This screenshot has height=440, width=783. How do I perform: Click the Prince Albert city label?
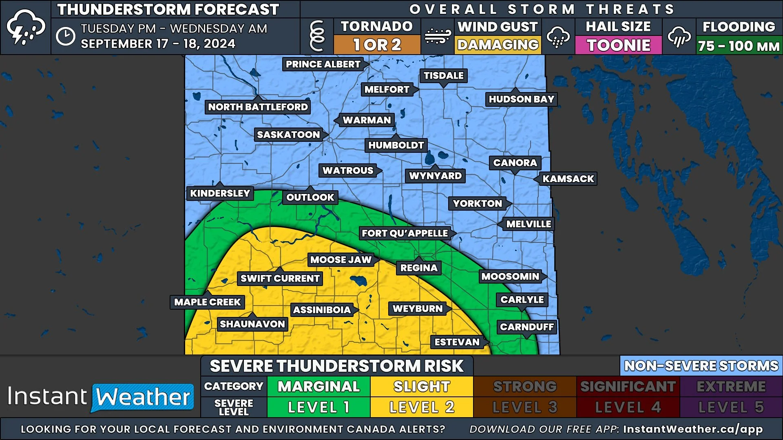pos(323,64)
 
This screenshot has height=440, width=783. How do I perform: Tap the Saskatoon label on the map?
pos(288,135)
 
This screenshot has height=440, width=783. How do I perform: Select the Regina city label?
pos(418,268)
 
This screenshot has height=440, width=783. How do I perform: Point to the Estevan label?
pos(457,342)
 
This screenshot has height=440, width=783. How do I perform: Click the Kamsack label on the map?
pos(568,179)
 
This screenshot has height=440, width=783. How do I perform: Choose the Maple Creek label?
pos(207,302)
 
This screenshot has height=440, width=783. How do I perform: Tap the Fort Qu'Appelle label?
pos(405,233)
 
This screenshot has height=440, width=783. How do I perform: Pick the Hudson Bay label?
pos(521,99)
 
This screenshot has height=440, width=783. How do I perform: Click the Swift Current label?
pos(280,279)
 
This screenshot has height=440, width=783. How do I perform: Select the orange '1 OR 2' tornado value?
pos(377,45)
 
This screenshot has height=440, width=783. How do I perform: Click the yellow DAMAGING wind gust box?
pos(498,45)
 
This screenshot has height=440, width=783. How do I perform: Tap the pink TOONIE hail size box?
pos(618,45)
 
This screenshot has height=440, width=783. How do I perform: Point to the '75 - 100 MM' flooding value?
pos(739,46)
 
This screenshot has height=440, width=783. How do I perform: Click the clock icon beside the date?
pos(66,37)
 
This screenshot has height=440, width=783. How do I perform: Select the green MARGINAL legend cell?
pos(319,387)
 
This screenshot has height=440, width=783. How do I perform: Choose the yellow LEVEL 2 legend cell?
pos(422,407)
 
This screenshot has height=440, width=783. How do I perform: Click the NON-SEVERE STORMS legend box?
pos(701,366)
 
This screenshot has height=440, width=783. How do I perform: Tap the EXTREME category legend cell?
pos(731,387)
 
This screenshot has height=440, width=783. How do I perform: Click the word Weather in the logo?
pos(143,397)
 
